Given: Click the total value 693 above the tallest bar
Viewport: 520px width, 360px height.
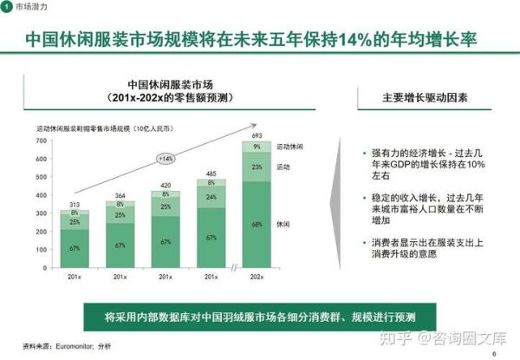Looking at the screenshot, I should [256, 137].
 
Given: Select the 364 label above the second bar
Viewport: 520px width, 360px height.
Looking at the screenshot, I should [120, 196].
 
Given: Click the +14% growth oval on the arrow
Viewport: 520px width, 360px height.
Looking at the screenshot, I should [166, 158].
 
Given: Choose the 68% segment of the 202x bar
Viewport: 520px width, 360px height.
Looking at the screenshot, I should [257, 224].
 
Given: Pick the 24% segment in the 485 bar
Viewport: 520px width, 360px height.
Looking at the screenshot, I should [211, 197].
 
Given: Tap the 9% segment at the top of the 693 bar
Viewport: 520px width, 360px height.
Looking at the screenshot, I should [257, 147].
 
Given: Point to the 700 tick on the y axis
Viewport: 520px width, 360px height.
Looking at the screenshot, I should [41, 141].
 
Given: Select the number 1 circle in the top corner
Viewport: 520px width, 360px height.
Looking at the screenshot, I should [8, 8].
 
